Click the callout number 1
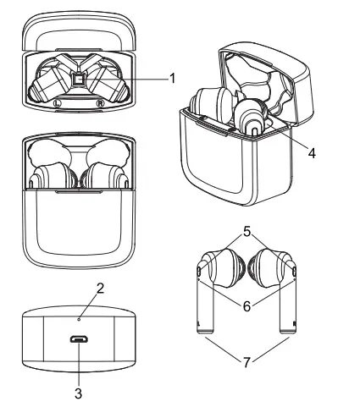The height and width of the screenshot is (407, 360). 172,79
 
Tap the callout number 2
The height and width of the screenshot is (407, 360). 100,288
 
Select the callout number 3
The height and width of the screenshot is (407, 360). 78,393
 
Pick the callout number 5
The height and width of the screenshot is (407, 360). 246,229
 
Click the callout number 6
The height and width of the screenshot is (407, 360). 246,306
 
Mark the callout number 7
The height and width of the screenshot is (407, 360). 246,362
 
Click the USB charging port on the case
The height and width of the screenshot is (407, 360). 78,339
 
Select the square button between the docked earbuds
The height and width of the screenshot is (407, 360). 79,80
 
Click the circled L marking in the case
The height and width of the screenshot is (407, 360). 56,104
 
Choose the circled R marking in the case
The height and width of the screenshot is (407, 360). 102,104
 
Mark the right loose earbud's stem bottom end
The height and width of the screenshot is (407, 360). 289,331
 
